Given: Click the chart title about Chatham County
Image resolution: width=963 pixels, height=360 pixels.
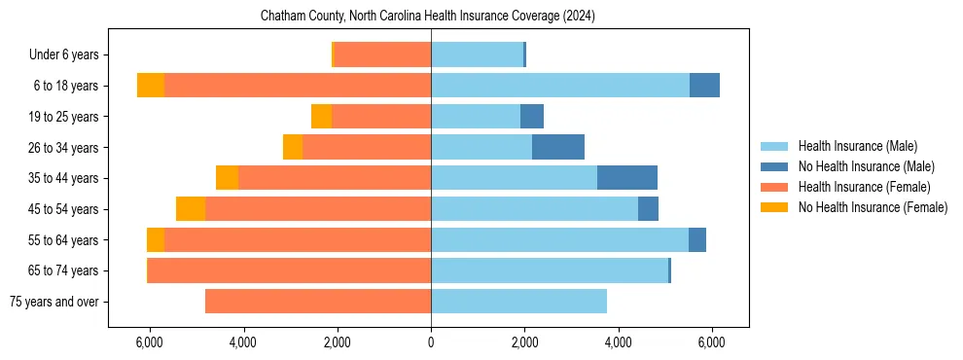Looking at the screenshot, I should click(x=427, y=17).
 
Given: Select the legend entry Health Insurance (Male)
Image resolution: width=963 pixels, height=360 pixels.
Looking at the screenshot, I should click(x=857, y=146).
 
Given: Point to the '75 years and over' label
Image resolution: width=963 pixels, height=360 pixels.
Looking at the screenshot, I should click(x=53, y=302).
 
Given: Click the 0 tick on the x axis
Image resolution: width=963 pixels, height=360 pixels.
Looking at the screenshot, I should click(x=431, y=342).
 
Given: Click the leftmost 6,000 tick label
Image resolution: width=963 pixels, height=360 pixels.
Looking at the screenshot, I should click(x=149, y=342).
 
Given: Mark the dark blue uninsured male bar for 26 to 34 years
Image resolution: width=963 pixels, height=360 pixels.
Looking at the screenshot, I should click(x=558, y=147).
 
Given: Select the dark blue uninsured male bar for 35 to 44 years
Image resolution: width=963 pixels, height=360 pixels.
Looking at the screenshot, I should click(x=627, y=178).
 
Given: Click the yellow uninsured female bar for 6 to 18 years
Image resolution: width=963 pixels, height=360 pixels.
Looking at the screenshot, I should click(x=151, y=86).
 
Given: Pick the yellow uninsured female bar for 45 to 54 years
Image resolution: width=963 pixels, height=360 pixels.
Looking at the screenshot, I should click(x=191, y=208).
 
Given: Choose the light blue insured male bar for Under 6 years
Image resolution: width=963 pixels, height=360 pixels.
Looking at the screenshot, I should click(x=477, y=55).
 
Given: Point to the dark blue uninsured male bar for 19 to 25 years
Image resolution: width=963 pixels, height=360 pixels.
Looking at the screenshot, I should click(x=532, y=117).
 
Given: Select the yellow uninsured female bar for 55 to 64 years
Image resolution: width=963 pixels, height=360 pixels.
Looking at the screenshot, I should click(x=156, y=239).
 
